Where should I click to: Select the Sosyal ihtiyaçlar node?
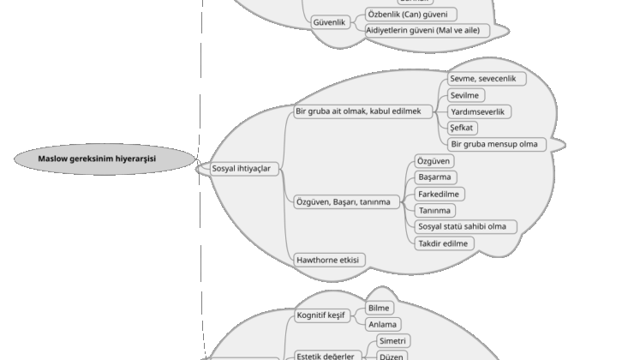[x=241, y=169]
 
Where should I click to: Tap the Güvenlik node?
[x=329, y=22]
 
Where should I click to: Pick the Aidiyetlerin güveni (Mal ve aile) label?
[x=422, y=30]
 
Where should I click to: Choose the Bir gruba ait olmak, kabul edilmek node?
[x=363, y=111]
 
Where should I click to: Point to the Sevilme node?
[x=464, y=95]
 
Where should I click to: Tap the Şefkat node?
[x=463, y=128]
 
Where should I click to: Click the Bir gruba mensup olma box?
[x=493, y=144]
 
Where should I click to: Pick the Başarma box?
[x=434, y=177]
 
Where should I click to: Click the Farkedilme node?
[x=440, y=194]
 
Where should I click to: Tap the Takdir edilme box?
[x=443, y=243]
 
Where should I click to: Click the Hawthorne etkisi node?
[x=329, y=259]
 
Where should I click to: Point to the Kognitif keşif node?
[x=320, y=316]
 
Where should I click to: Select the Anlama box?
[x=382, y=324]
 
